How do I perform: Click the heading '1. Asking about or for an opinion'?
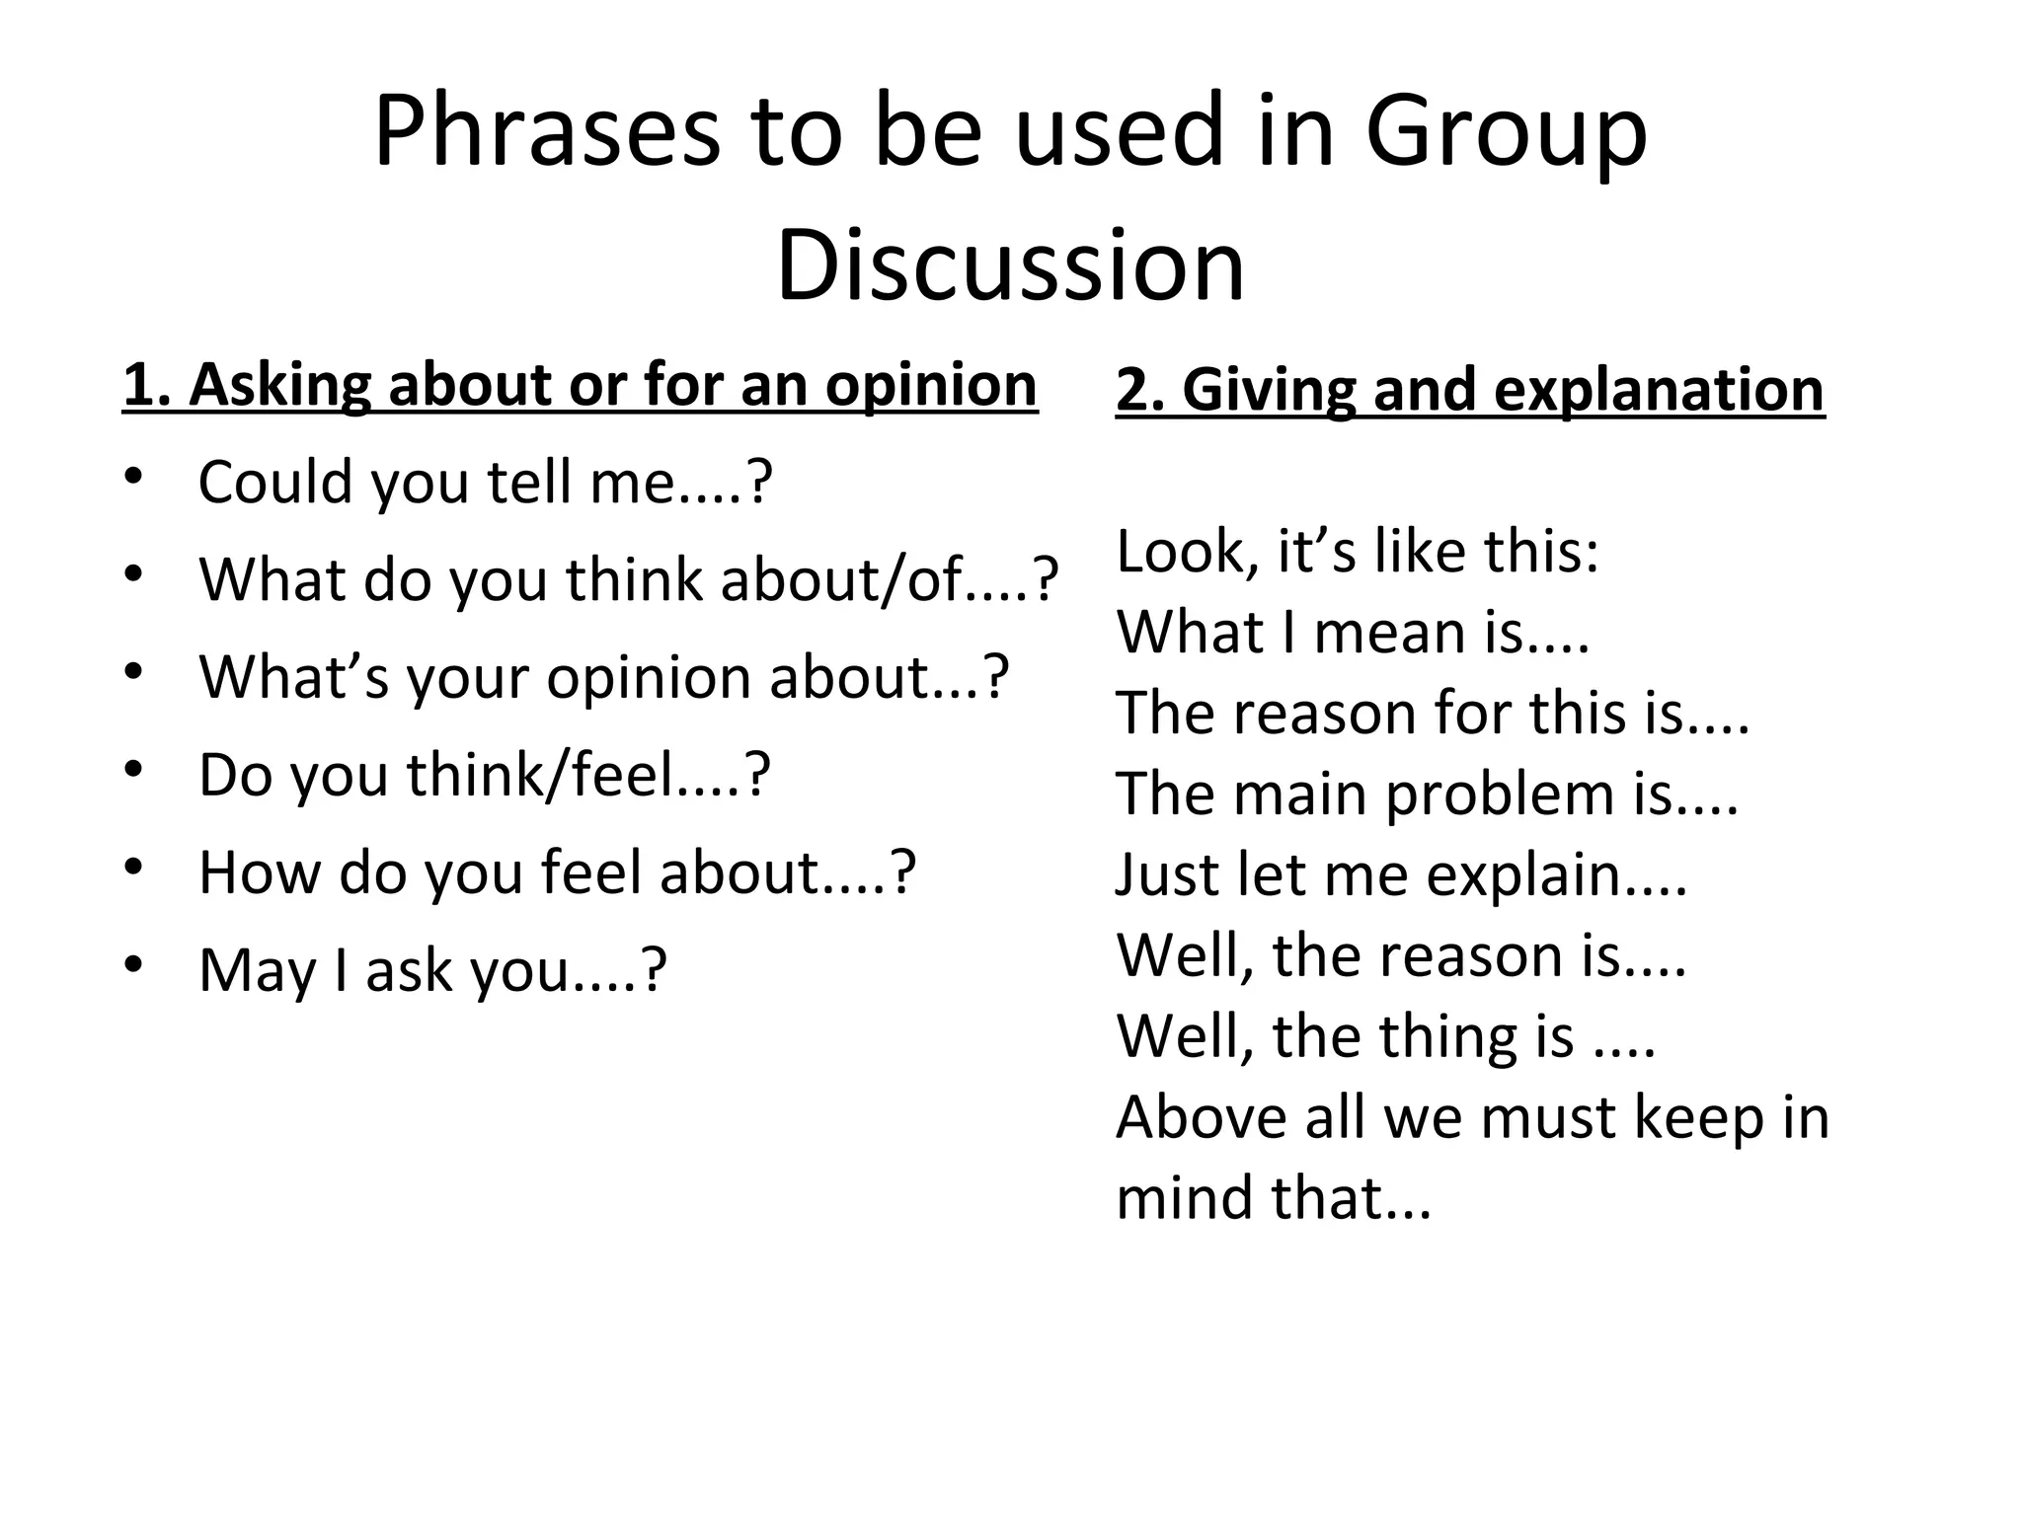[x=580, y=385]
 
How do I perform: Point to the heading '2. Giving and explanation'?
[x=1470, y=390]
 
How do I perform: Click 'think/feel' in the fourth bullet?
[x=542, y=775]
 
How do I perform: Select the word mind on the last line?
[x=1185, y=1198]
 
